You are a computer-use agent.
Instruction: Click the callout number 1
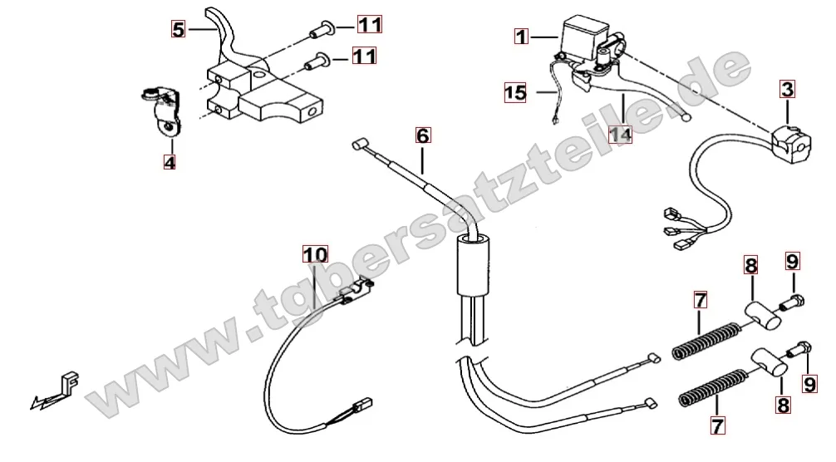(521, 37)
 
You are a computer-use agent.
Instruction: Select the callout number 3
(788, 89)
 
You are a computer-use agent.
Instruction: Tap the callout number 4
(170, 161)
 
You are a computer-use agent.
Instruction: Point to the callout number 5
(178, 29)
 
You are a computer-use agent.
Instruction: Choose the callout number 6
(423, 135)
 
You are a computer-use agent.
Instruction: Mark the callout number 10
(315, 254)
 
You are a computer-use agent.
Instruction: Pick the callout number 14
(621, 135)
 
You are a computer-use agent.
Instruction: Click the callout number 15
(515, 93)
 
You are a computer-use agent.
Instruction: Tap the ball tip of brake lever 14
(686, 117)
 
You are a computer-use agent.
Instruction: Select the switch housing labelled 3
(791, 140)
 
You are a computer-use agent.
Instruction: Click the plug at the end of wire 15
(556, 121)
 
